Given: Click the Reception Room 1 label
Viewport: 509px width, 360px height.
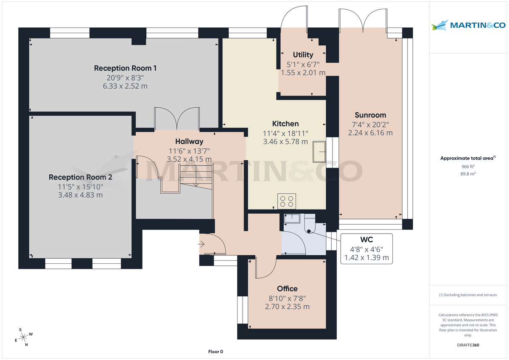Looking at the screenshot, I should click(x=125, y=68).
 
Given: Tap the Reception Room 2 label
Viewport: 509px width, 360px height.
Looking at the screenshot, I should click(x=80, y=177).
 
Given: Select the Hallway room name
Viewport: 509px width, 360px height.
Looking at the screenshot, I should click(x=189, y=142).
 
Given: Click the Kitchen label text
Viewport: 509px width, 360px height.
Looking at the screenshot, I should click(x=285, y=124).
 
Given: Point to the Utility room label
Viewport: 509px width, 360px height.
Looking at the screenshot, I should click(x=303, y=55).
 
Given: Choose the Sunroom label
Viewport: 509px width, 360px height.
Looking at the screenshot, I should click(x=370, y=115).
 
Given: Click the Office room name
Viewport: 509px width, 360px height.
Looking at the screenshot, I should click(x=287, y=289).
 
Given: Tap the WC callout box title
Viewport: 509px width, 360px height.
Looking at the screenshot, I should click(x=367, y=239).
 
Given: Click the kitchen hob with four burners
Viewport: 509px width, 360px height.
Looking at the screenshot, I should click(x=287, y=201).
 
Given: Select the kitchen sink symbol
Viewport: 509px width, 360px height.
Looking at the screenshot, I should click(x=319, y=152).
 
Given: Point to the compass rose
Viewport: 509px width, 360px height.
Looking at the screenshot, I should click(x=24, y=337).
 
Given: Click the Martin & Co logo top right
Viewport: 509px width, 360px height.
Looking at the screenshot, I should click(x=468, y=25).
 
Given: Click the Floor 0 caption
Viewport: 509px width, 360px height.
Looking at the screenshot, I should click(x=215, y=352).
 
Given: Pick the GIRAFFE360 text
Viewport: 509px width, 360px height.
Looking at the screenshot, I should click(x=468, y=345).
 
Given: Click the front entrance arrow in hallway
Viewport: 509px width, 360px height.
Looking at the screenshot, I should click(x=202, y=244).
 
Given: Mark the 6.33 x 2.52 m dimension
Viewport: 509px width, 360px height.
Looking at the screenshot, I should click(x=125, y=86).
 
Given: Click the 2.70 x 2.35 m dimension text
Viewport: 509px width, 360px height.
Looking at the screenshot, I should click(x=287, y=307).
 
